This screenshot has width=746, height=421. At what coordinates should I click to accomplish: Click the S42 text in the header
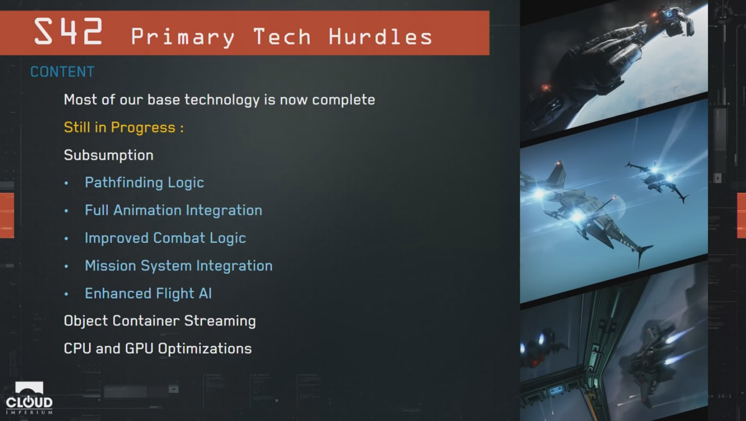click(x=68, y=32)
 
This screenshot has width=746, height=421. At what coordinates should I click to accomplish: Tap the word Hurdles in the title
click(x=381, y=36)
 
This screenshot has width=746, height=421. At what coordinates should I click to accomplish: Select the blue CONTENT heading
click(x=63, y=72)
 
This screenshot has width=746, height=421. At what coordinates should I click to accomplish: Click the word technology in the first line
click(x=222, y=100)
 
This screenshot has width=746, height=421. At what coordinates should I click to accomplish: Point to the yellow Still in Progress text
click(x=123, y=128)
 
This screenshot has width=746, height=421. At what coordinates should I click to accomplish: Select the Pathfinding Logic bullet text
click(x=144, y=182)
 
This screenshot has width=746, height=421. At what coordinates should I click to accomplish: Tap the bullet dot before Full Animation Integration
click(x=66, y=211)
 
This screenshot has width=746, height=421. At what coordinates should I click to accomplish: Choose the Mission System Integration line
click(x=179, y=266)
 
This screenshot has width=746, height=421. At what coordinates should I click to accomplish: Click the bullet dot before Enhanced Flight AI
click(x=66, y=294)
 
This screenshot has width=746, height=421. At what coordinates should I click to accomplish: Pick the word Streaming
click(x=220, y=321)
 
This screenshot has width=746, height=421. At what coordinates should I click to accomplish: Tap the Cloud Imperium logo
click(x=29, y=398)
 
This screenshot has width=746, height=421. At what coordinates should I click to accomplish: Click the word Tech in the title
click(x=282, y=36)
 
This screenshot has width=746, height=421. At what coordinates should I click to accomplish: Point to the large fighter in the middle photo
click(x=586, y=213)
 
